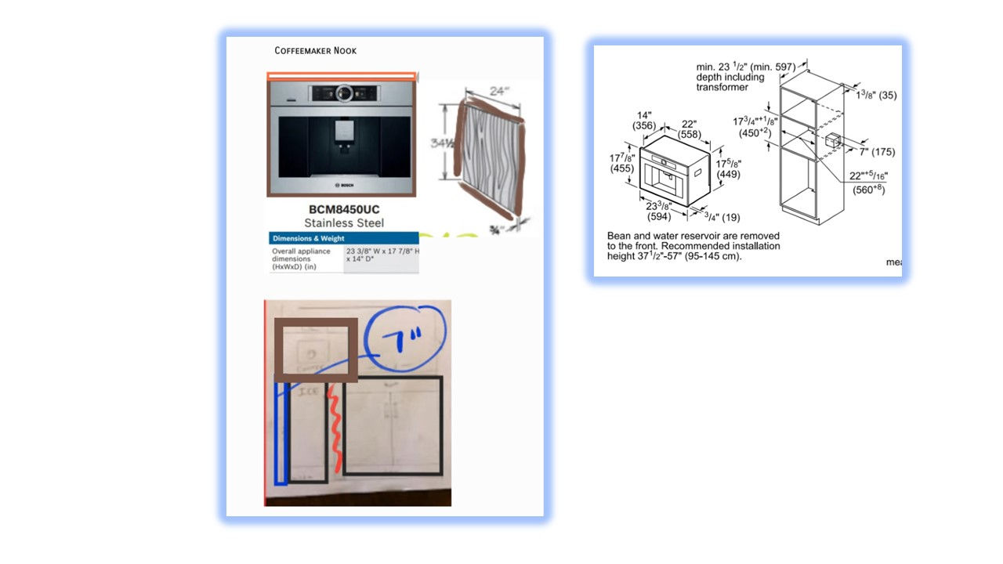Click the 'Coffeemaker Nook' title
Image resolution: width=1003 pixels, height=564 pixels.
315,51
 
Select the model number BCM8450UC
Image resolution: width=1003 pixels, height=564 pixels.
344,210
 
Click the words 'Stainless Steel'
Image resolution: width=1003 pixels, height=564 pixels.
344,223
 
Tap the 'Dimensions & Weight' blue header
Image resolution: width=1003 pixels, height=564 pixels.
308,238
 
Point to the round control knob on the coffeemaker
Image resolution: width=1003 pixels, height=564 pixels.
342,93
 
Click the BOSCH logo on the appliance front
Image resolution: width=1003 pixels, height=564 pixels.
342,185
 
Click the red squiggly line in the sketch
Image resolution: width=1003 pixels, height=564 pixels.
334,427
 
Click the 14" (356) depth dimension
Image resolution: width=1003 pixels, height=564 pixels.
645,120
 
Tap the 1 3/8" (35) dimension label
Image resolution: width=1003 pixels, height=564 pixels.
876,95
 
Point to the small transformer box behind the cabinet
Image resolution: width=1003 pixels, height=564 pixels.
832,141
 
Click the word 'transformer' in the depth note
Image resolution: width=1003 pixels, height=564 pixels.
722,87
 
